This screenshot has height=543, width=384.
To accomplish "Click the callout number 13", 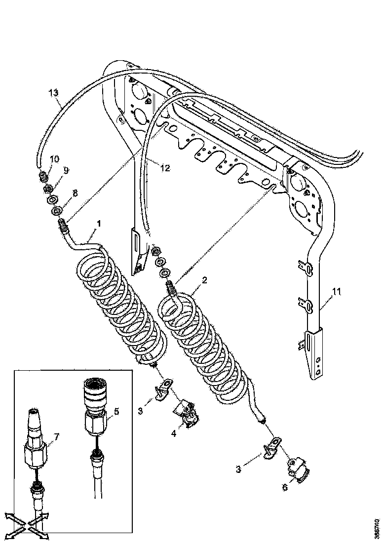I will point(54,92).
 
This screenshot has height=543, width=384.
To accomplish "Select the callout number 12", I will point(165,168).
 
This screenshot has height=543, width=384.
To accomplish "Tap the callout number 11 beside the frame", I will point(336,292).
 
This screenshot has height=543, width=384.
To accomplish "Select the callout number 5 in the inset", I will point(116,411).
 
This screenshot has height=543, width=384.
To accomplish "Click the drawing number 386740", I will point(377,527).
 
